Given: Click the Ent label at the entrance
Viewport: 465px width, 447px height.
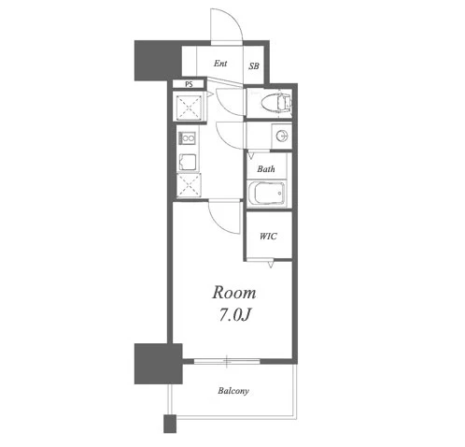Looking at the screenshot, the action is click(x=220, y=64).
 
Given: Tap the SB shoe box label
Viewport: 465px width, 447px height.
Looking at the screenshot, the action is click(x=254, y=66).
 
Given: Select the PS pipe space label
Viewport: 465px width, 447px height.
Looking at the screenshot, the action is click(x=189, y=84).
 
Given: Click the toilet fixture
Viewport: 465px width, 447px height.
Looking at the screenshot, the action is click(x=275, y=102).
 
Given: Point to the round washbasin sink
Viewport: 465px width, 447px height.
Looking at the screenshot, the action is click(x=282, y=136).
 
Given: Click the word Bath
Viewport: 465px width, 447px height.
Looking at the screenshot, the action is click(x=266, y=169).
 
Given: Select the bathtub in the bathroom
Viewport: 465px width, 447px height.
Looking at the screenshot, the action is click(x=266, y=193).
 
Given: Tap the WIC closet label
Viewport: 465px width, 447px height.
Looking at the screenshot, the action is click(x=268, y=237).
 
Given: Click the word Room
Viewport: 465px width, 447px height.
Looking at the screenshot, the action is click(x=234, y=293).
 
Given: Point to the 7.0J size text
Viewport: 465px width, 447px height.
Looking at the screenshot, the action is click(x=235, y=315).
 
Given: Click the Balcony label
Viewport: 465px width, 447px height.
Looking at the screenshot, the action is click(x=233, y=391).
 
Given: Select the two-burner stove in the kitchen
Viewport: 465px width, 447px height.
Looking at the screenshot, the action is click(x=187, y=137).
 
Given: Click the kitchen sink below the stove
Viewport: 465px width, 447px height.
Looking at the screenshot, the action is click(x=187, y=162).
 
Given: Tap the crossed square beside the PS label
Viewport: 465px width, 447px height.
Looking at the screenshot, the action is click(x=189, y=108).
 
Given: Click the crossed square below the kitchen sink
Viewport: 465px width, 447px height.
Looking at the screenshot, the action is click(x=189, y=185).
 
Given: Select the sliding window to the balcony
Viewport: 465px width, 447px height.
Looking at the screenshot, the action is click(x=227, y=361).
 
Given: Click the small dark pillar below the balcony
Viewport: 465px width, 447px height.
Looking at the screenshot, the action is click(x=170, y=424).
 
